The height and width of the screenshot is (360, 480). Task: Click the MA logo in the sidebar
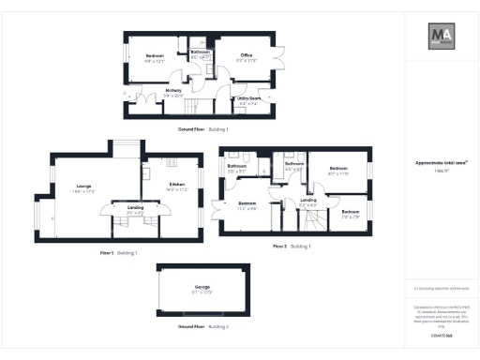pyautogui.click(x=442, y=37)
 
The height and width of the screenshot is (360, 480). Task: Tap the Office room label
pyautogui.click(x=247, y=55)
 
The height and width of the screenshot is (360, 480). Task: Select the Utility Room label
pyautogui.click(x=248, y=97)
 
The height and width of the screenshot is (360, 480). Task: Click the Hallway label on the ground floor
pyautogui.click(x=174, y=91)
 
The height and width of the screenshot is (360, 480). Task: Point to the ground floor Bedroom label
pyautogui.click(x=155, y=57)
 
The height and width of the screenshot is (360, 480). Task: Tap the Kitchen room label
pyautogui.click(x=177, y=185)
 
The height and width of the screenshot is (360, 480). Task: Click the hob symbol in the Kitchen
pyautogui.click(x=146, y=172)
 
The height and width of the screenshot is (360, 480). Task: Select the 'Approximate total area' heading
pyautogui.click(x=441, y=162)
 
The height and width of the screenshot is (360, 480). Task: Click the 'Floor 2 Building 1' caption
pyautogui.click(x=291, y=246)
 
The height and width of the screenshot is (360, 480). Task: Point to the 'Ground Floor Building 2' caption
pyautogui.click(x=202, y=326)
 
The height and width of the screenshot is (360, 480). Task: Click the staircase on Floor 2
pyautogui.click(x=312, y=221)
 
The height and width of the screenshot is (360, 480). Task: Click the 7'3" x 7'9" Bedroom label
pyautogui.click(x=349, y=214)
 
